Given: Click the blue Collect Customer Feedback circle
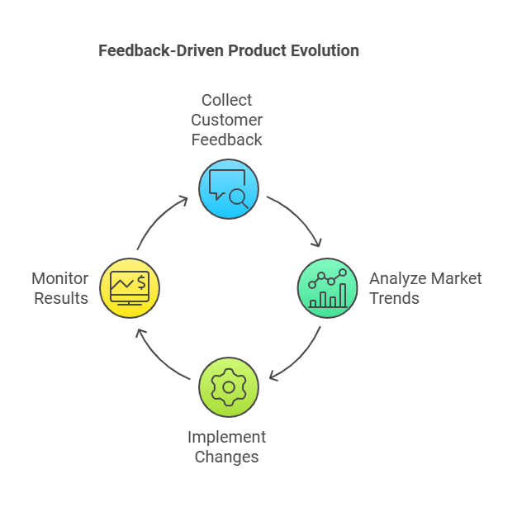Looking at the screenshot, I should coord(228,188).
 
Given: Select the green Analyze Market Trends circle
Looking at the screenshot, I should coord(327,288).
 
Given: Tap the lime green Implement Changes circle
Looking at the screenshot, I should coord(228,386).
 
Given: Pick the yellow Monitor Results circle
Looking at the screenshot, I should coord(130,288).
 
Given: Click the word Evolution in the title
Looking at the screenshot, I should coord(325,50).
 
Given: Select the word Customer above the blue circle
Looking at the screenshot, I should coord(227,120).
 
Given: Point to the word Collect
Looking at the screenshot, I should coord(227,100).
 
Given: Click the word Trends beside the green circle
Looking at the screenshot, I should coord(395,298).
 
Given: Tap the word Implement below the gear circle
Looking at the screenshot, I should coord(227,437).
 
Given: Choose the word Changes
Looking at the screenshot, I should coord(227,457).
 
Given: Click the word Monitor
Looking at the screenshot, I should coord(60,278).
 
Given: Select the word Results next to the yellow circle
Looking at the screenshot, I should coord(61,298).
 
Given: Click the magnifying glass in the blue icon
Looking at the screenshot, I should coord(238,196).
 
